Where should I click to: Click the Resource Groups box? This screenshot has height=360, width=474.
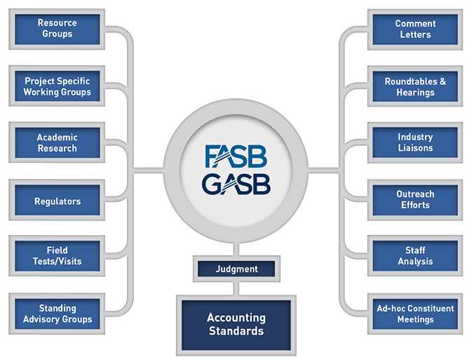click(57, 29)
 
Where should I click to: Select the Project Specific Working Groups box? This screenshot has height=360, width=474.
click(57, 86)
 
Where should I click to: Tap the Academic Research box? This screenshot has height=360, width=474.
click(57, 143)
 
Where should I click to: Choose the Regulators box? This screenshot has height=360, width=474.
click(57, 201)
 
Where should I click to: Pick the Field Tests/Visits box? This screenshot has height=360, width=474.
click(57, 256)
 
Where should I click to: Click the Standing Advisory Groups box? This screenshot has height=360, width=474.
click(57, 314)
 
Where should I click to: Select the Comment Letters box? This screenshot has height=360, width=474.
click(415, 29)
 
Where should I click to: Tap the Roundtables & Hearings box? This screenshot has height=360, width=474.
click(415, 87)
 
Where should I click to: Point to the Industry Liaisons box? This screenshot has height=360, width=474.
click(415, 143)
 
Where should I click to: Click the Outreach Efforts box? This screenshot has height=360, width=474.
click(415, 200)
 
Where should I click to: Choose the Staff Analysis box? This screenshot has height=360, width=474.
click(415, 256)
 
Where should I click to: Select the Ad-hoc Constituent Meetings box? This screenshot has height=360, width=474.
click(415, 314)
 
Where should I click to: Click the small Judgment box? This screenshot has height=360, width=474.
click(237, 269)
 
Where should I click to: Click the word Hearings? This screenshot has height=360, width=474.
click(415, 93)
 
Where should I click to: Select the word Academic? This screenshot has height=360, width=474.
click(57, 138)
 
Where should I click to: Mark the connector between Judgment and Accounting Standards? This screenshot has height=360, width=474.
click(237, 287)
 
